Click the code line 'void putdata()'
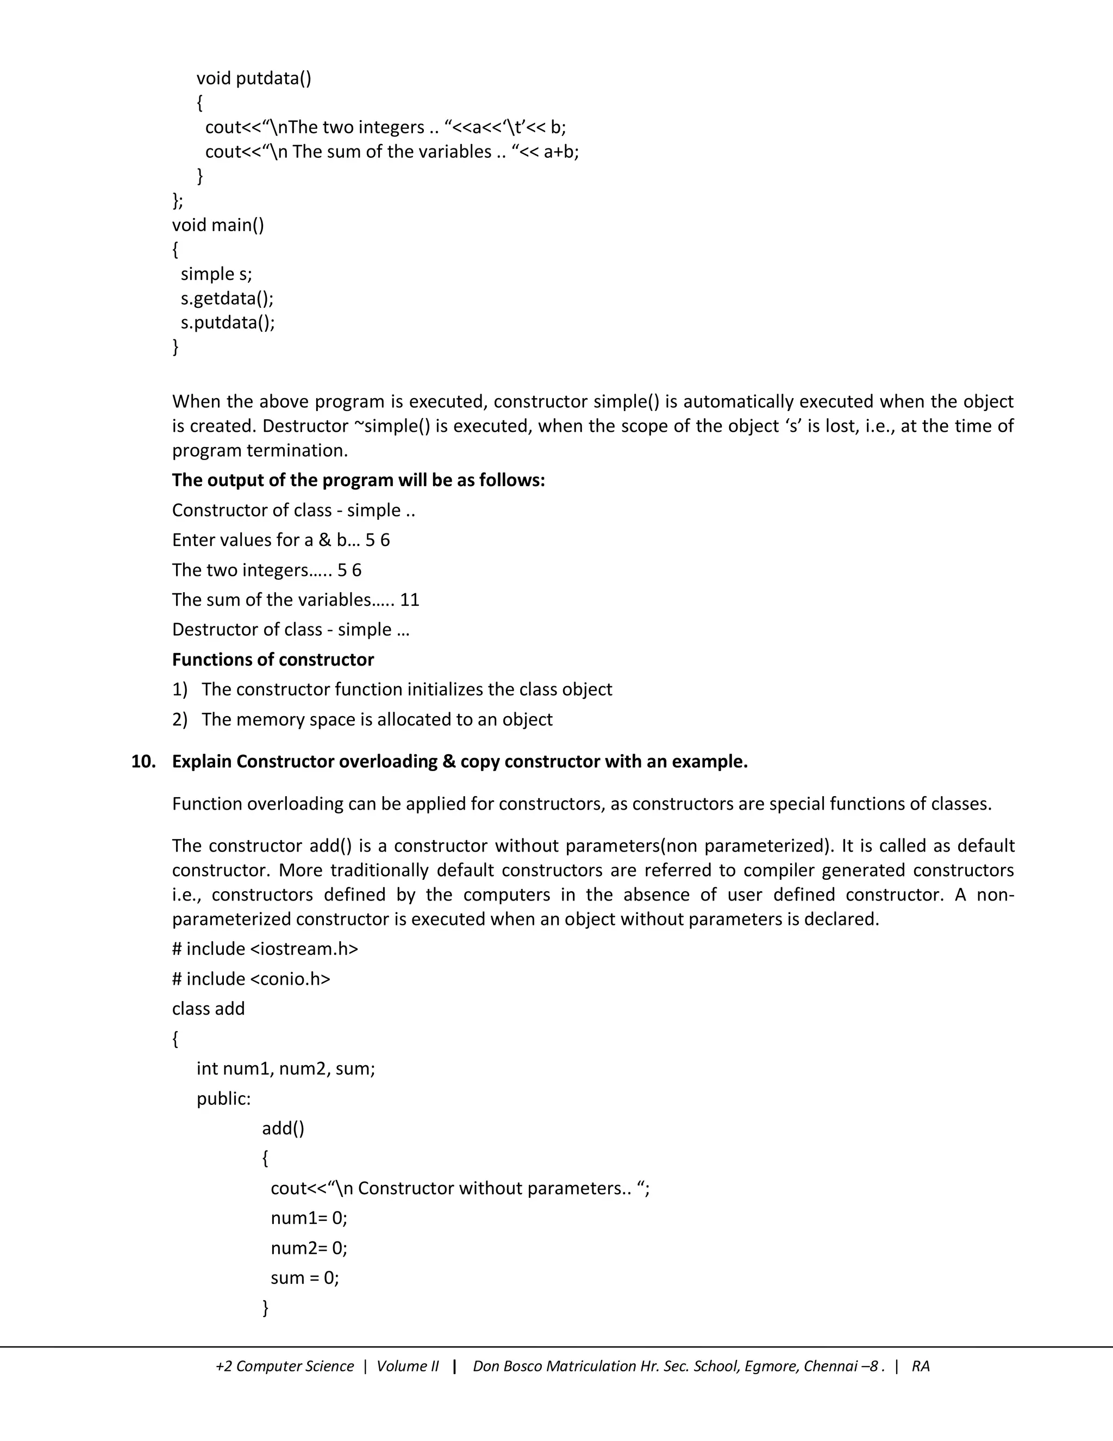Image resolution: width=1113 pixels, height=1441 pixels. coord(253,78)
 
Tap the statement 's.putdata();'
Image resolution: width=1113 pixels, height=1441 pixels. coord(228,322)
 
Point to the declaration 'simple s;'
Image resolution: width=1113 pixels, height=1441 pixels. coord(216,274)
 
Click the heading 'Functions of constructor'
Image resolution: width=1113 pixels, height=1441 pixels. coord(273,659)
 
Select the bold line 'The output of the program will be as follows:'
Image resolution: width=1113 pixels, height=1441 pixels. coord(358,480)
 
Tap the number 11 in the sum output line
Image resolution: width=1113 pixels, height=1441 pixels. coord(409,600)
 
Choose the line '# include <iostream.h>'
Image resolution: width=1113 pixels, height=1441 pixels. coord(265,949)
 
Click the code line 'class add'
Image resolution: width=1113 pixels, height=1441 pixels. coord(208,1008)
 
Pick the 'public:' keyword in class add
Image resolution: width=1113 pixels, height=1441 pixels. coord(223,1098)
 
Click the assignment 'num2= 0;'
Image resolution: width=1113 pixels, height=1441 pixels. coord(309,1247)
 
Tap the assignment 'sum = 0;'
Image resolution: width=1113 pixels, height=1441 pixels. coord(305,1277)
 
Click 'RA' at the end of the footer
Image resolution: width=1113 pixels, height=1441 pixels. coord(921,1367)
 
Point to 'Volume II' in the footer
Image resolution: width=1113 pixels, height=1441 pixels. coord(407,1367)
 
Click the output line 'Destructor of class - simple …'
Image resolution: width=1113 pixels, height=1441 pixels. coord(290,630)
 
